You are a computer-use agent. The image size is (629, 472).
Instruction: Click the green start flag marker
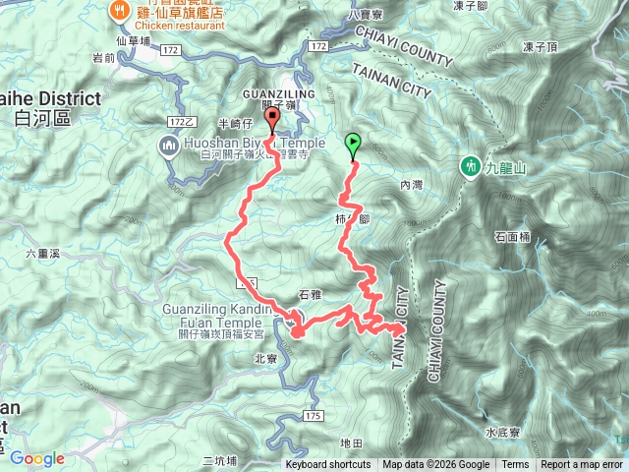pyautogui.click(x=353, y=146)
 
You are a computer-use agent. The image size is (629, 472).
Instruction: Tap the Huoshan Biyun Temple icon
pyautogui.click(x=166, y=148)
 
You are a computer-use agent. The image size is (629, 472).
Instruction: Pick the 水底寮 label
pyautogui.click(x=503, y=432)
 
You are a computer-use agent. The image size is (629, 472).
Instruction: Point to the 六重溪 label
pyautogui.click(x=43, y=254)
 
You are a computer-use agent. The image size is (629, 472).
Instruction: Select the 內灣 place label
pyautogui.click(x=411, y=184)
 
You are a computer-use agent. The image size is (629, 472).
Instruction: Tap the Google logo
pyautogui.click(x=37, y=458)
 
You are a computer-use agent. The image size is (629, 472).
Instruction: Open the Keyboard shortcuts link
pyautogui.click(x=328, y=465)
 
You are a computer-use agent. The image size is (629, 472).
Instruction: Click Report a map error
pyautogui.click(x=582, y=465)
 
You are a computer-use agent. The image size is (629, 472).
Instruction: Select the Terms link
pyautogui.click(x=514, y=465)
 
